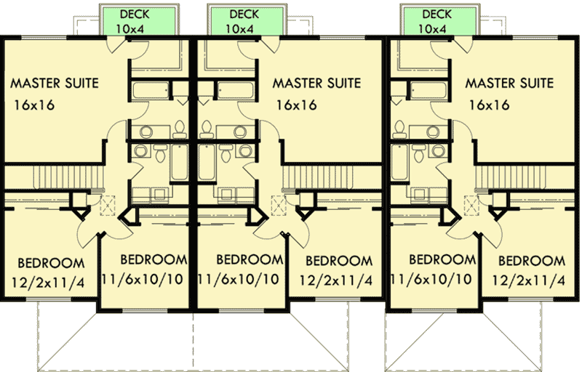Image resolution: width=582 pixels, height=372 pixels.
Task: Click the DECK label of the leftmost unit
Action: (x=135, y=15)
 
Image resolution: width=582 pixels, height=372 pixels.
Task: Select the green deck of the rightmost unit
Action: (x=437, y=21)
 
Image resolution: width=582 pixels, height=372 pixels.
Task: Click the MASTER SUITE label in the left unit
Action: (x=55, y=83)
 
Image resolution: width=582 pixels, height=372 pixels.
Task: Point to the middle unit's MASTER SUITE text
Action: (x=316, y=83)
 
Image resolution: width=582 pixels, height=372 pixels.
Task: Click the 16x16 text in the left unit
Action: (x=33, y=105)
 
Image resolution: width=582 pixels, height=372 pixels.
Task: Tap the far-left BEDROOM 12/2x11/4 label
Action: (x=50, y=271)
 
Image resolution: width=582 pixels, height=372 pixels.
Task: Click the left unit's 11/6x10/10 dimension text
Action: (x=144, y=279)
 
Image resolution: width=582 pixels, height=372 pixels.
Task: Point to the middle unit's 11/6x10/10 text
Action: (x=239, y=279)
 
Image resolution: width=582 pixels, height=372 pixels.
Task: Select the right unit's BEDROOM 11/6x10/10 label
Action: (x=432, y=270)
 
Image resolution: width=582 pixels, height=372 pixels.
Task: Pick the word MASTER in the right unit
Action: (x=490, y=83)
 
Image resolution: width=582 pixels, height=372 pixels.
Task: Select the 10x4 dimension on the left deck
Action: (x=135, y=29)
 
